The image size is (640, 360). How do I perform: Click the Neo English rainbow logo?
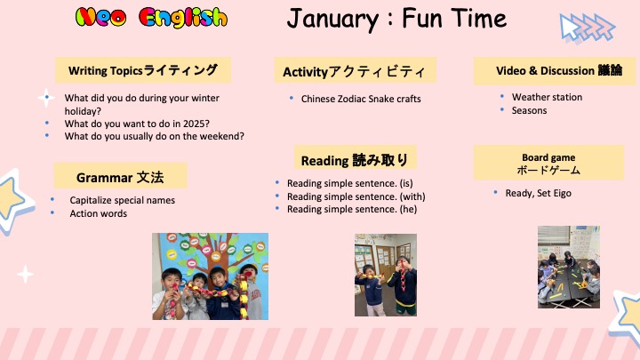pos(151,18)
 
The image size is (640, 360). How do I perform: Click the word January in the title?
pos(333,19)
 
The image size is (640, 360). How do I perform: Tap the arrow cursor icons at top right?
pos(587,28)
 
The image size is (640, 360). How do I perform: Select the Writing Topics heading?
pos(143,70)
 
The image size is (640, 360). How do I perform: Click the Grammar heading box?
pos(120,176)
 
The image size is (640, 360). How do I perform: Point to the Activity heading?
pos(355,70)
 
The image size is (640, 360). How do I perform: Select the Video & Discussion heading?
pos(555,71)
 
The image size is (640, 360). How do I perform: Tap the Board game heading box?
pos(548,163)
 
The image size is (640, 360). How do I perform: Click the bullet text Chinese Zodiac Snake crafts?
pos(361,99)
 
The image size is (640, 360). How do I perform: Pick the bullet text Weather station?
pos(547,97)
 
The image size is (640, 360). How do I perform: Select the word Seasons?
pos(529,110)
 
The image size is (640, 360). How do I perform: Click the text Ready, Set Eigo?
pos(538,194)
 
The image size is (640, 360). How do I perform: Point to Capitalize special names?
pos(122,200)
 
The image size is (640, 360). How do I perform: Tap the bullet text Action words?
pos(98,213)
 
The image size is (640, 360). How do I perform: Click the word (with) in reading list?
pos(412,196)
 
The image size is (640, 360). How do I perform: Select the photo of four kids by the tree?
pos(210,276)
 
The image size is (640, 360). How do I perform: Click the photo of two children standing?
pos(386,275)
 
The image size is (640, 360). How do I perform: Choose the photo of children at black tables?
pos(569,267)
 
